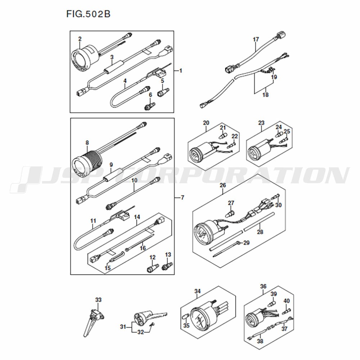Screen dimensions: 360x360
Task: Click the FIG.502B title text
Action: (89, 14)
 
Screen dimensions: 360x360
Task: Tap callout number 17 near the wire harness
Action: (256, 40)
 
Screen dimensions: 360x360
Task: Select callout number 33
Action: (98, 300)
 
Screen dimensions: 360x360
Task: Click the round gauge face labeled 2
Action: (80, 59)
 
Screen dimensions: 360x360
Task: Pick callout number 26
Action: (223, 185)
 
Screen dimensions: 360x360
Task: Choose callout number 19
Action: (274, 77)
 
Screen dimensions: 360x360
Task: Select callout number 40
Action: (287, 301)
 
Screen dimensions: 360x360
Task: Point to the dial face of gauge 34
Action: (199, 319)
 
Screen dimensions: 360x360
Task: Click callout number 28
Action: (260, 232)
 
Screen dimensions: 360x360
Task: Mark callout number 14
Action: (137, 217)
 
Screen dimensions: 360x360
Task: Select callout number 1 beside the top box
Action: (181, 71)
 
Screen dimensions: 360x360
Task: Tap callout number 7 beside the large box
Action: (183, 197)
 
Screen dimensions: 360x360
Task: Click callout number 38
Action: (260, 341)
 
